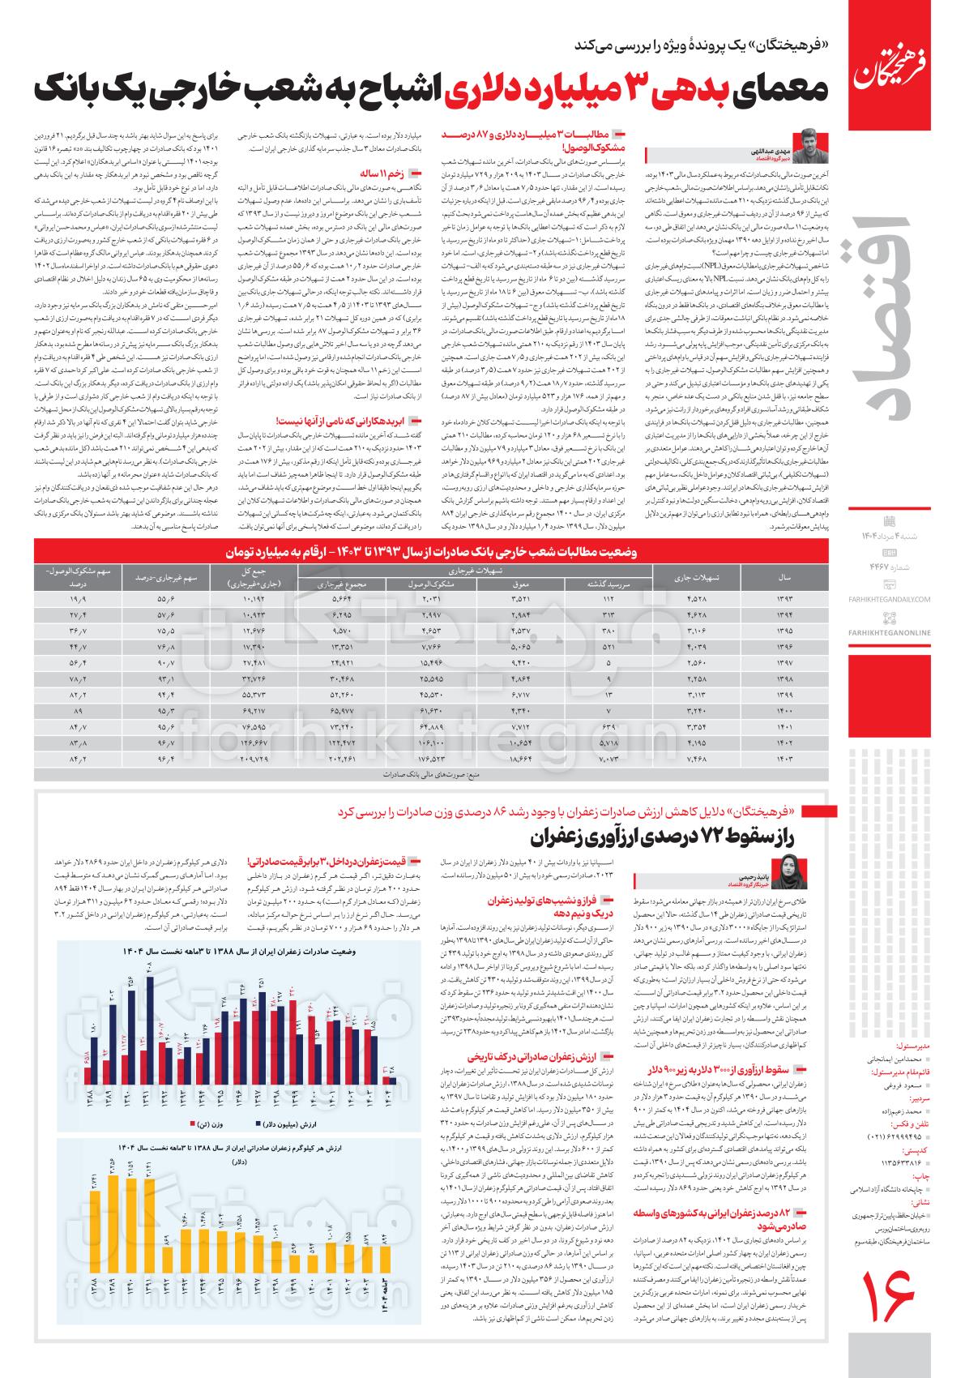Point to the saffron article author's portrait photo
tap(790, 875)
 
